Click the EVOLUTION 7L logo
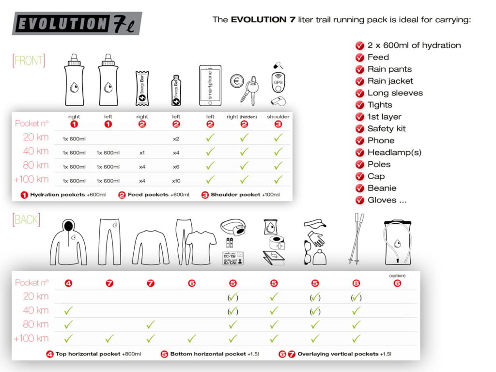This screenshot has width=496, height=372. click(x=77, y=24)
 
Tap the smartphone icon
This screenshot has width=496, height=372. click(x=210, y=86)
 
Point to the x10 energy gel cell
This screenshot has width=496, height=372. click(x=176, y=181)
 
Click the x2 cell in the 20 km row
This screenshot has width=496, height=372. click(x=176, y=139)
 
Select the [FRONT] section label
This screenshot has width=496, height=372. click(x=29, y=61)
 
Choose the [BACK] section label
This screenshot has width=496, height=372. click(x=26, y=219)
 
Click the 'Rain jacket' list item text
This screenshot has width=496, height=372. click(x=390, y=81)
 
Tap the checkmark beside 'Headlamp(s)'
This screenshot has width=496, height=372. click(x=359, y=153)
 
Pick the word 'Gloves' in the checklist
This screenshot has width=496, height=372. click(x=382, y=200)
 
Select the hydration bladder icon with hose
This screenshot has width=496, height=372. click(x=397, y=242)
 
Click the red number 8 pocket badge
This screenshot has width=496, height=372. click(x=356, y=283)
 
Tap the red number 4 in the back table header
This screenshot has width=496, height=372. click(x=68, y=283)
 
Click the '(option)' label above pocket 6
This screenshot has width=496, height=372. click(x=397, y=276)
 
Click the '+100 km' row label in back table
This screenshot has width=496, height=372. click(x=31, y=338)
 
